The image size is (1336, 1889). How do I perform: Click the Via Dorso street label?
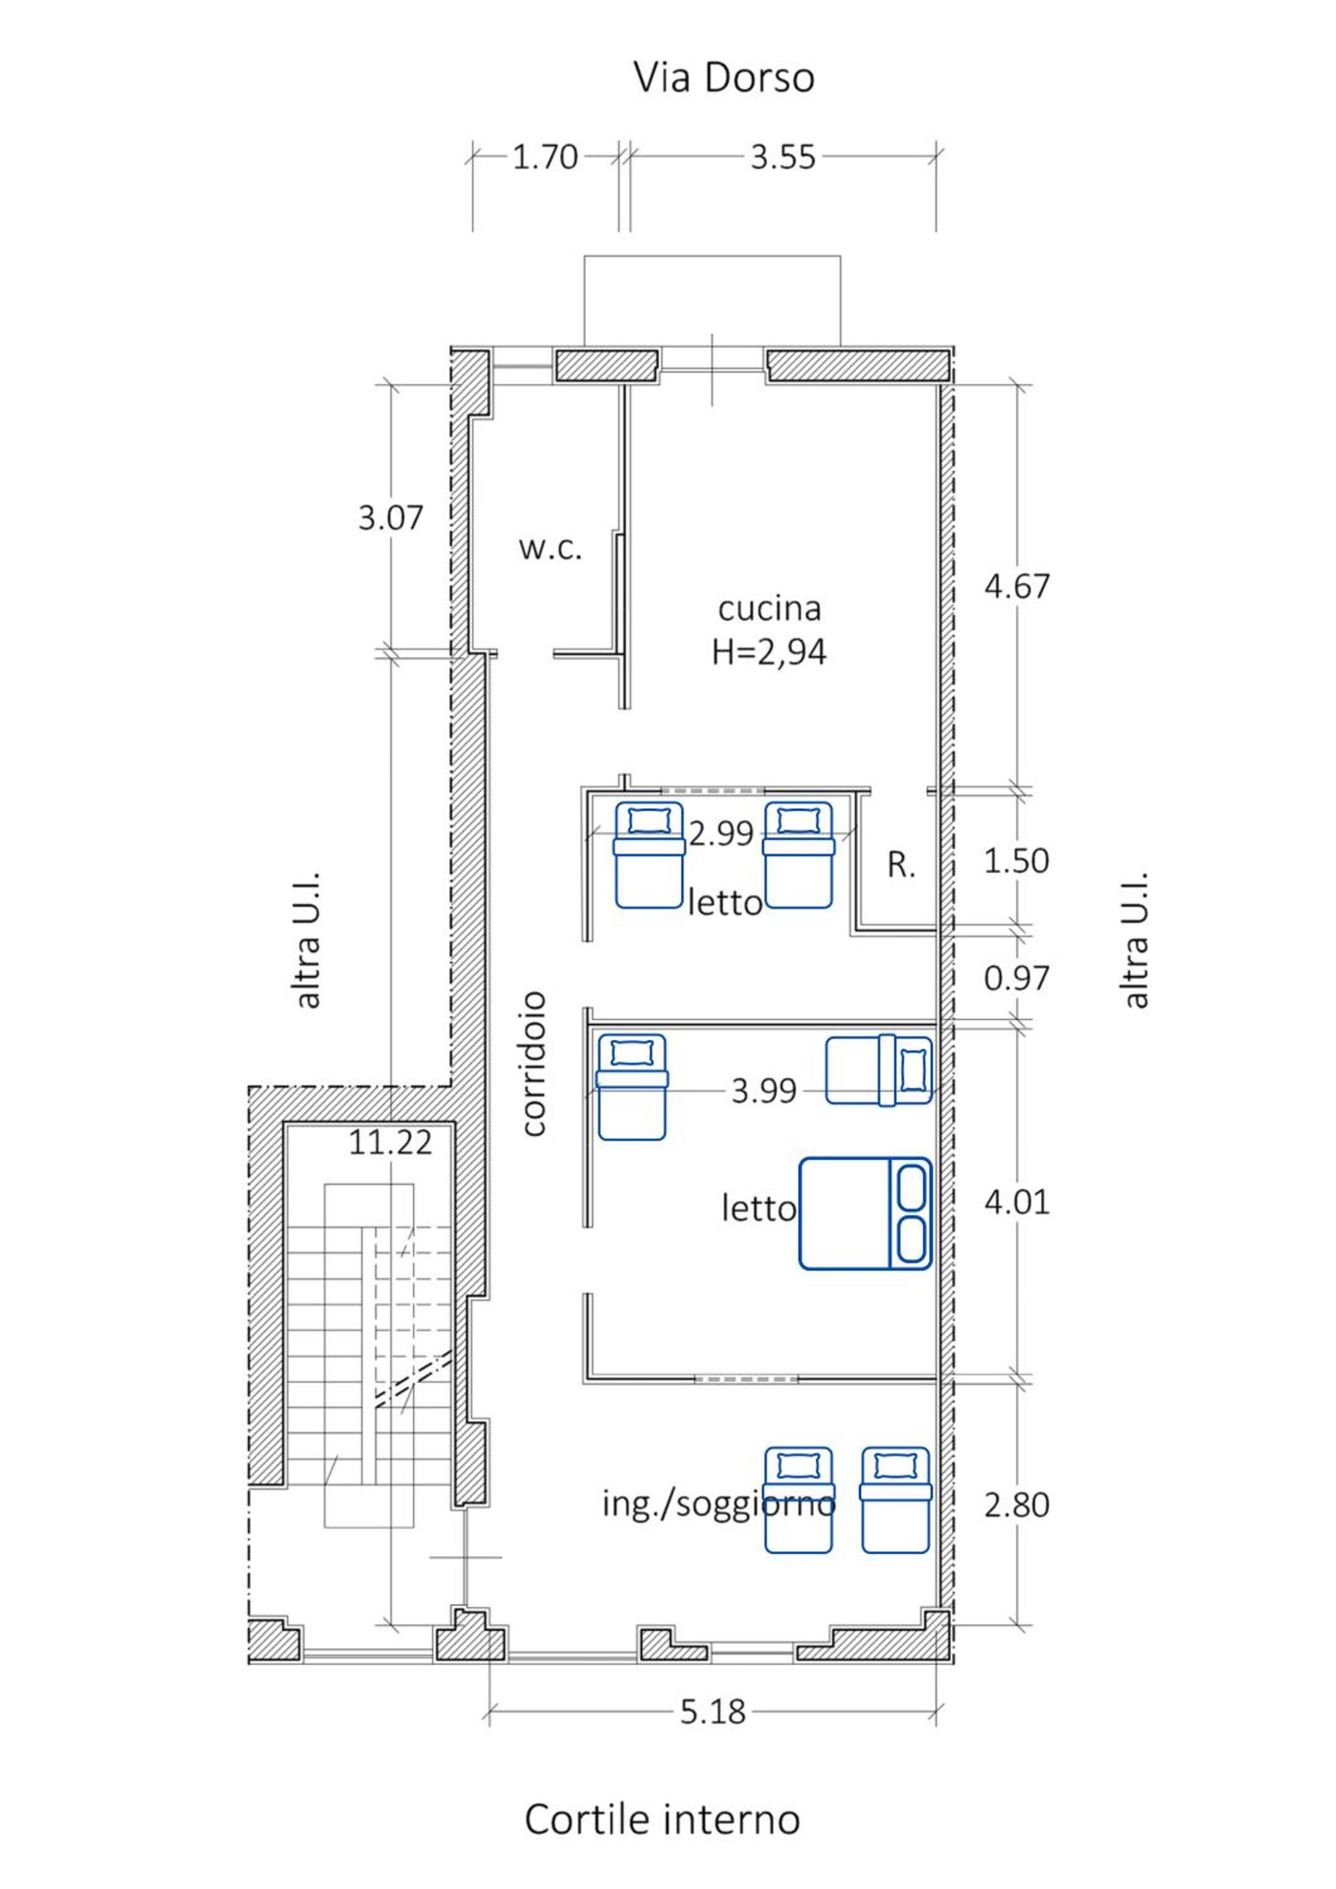tap(724, 78)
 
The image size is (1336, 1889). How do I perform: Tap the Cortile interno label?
tap(662, 1818)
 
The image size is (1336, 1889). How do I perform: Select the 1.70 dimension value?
tap(545, 157)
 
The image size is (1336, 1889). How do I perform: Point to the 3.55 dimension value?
tap(783, 157)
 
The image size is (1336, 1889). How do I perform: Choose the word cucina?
tap(769, 609)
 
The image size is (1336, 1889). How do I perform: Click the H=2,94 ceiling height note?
tap(769, 652)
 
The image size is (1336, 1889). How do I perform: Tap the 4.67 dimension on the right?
tap(1017, 587)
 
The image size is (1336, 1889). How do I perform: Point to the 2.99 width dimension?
tap(722, 834)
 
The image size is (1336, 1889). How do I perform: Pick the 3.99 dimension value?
tap(764, 1091)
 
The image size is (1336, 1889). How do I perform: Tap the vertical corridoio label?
tap(534, 1064)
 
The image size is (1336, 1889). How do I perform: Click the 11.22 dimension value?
tap(390, 1143)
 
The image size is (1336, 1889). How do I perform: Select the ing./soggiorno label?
tap(719, 1504)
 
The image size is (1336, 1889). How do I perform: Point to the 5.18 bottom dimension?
tap(713, 1712)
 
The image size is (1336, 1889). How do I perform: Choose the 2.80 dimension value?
tap(1017, 1506)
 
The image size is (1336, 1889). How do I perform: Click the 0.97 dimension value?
tap(1017, 979)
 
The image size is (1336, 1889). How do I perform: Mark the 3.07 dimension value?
tap(390, 518)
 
